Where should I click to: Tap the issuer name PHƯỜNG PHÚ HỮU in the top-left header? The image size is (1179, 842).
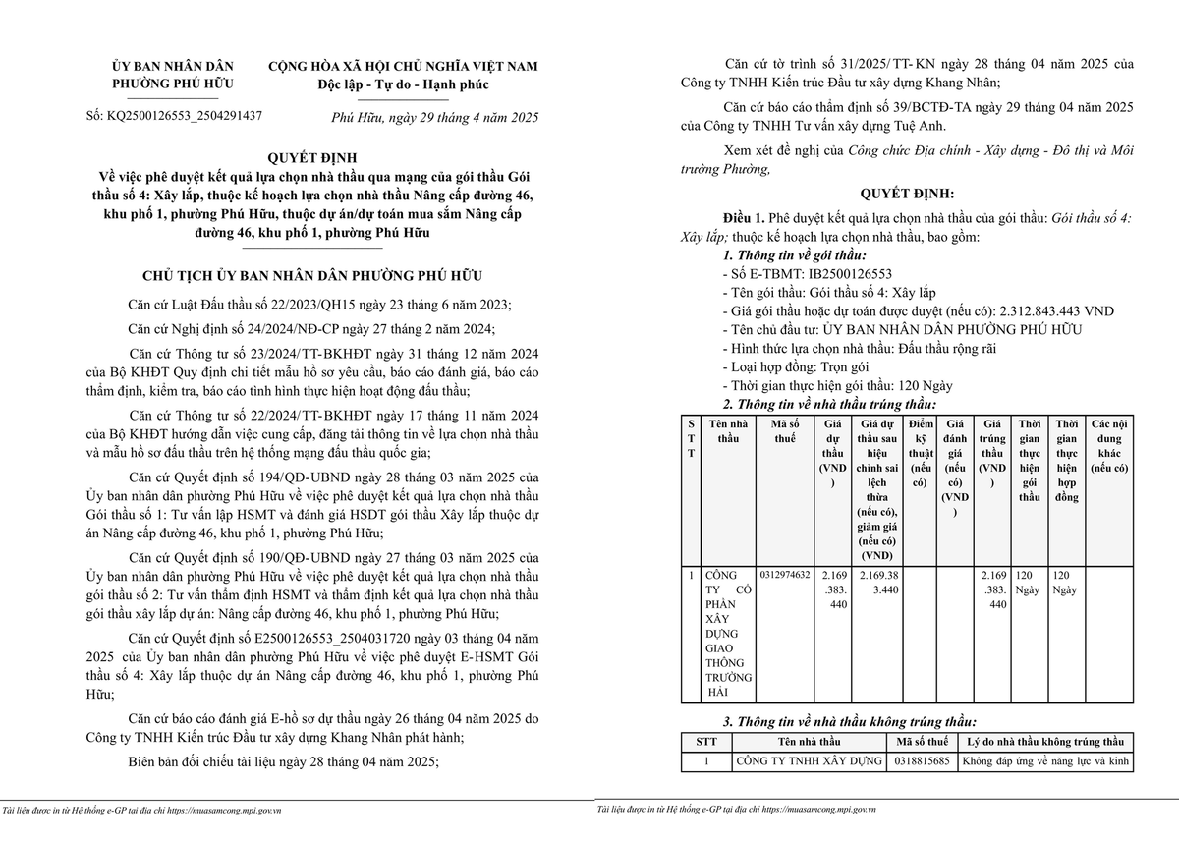pyautogui.click(x=172, y=84)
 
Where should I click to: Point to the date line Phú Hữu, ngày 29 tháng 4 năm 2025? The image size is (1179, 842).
pyautogui.click(x=435, y=117)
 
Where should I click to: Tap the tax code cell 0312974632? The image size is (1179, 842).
pyautogui.click(x=785, y=574)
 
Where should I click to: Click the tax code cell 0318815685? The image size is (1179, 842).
pyautogui.click(x=923, y=760)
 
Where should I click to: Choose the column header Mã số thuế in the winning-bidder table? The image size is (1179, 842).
pyautogui.click(x=785, y=431)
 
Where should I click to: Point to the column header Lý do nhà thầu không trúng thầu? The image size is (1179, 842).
pyautogui.click(x=1044, y=741)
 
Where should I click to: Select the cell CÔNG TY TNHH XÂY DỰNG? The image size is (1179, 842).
pyautogui.click(x=809, y=760)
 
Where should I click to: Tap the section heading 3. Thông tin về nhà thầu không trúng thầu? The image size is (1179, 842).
pyautogui.click(x=850, y=721)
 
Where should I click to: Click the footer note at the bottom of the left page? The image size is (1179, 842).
pyautogui.click(x=142, y=811)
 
